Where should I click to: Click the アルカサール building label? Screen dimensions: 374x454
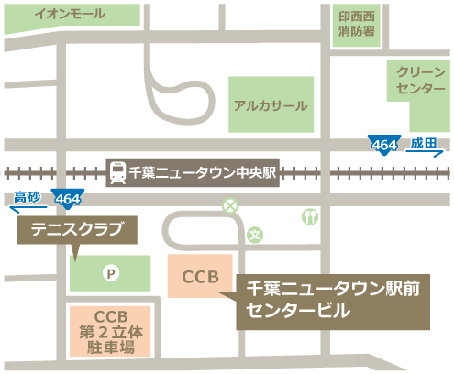270,105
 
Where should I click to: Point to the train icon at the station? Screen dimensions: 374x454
118,171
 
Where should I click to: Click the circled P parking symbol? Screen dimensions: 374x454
111,272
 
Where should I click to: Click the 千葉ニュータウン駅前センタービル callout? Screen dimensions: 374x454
334,300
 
